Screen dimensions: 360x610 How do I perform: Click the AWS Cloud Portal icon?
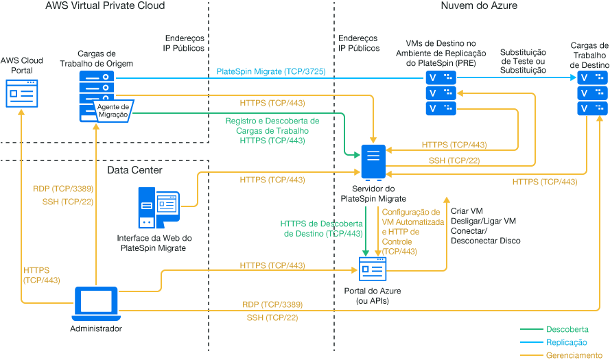pyautogui.click(x=23, y=92)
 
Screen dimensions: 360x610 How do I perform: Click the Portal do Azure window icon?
pyautogui.click(x=373, y=269)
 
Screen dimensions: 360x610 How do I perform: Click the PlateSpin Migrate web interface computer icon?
pyautogui.click(x=159, y=208)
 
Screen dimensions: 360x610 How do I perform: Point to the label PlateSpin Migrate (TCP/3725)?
pyautogui.click(x=270, y=71)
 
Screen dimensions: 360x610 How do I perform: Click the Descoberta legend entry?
pyautogui.click(x=566, y=330)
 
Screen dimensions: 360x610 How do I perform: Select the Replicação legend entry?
pyautogui.click(x=566, y=342)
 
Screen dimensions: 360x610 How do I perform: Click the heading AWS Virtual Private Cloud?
pyautogui.click(x=105, y=5)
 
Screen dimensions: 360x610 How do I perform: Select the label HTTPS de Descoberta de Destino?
pyautogui.click(x=321, y=228)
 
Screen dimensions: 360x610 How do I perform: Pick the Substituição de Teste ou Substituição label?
pyautogui.click(x=523, y=61)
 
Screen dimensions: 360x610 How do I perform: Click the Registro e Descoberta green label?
pyautogui.click(x=272, y=130)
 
